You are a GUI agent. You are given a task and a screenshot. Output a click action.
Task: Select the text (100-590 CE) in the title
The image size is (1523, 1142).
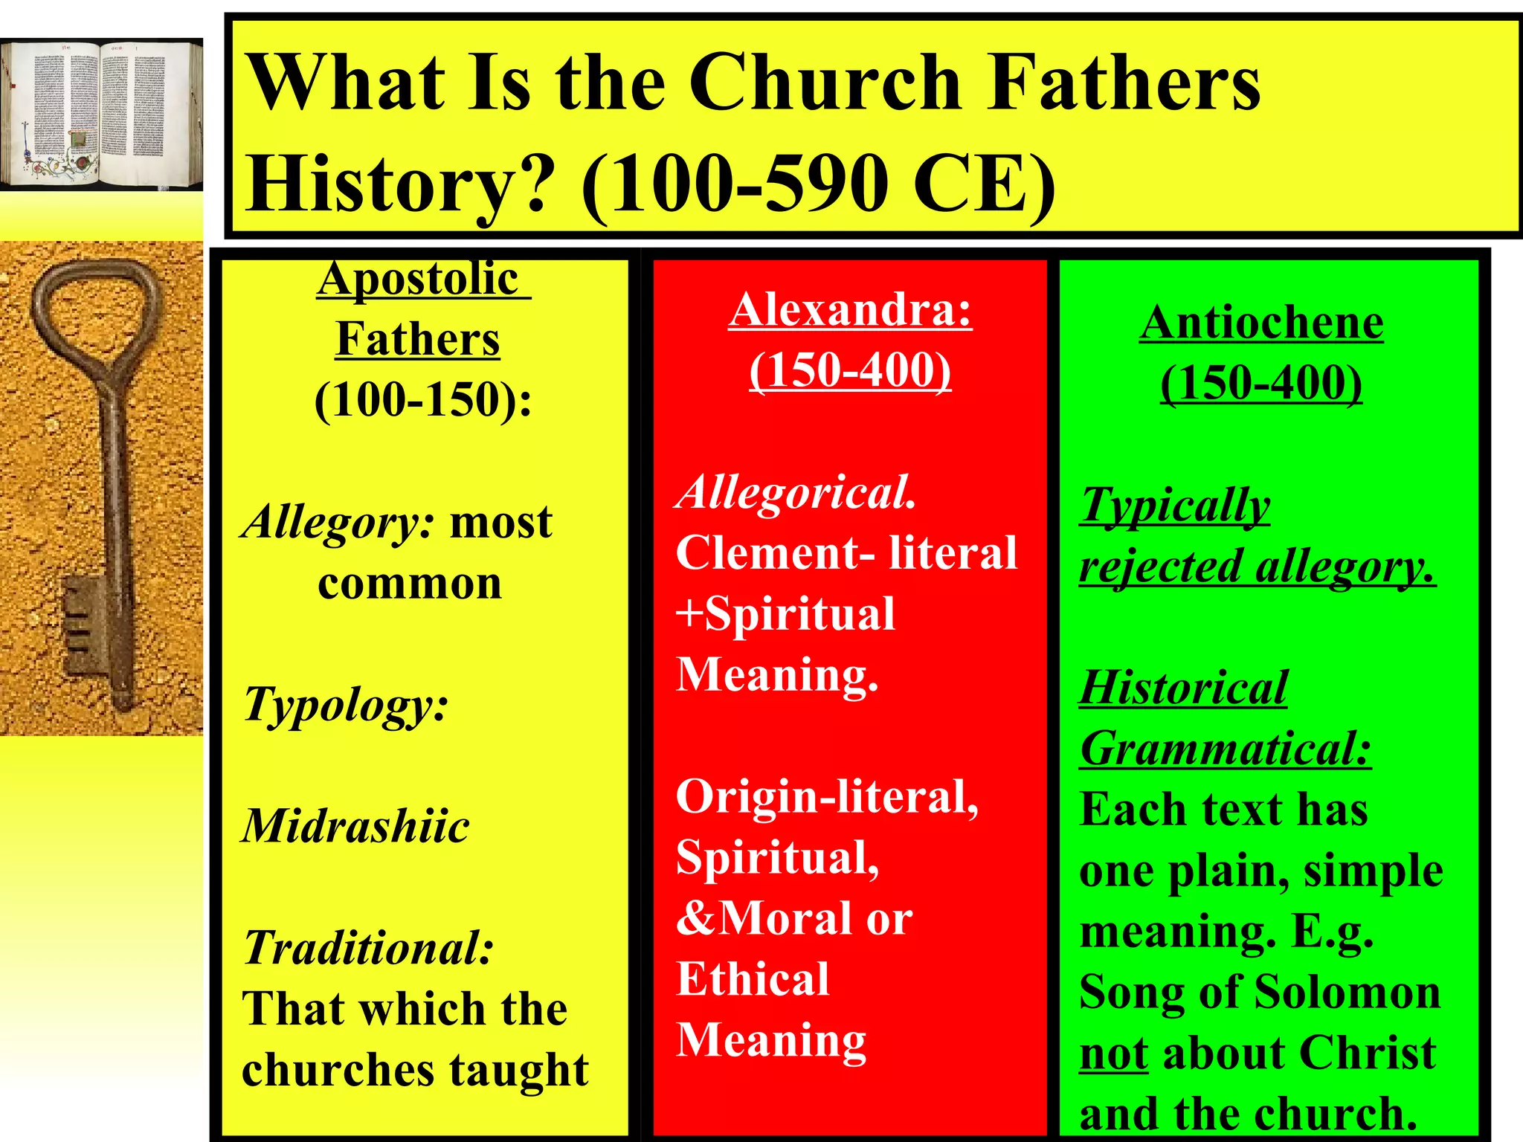click(817, 184)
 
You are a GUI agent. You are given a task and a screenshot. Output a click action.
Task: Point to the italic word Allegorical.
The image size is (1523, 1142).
click(796, 492)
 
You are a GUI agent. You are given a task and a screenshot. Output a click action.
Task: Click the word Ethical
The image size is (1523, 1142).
click(753, 978)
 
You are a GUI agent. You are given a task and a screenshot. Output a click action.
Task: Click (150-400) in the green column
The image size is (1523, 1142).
click(1261, 384)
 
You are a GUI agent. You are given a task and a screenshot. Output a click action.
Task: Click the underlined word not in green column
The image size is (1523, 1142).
click(1113, 1054)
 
